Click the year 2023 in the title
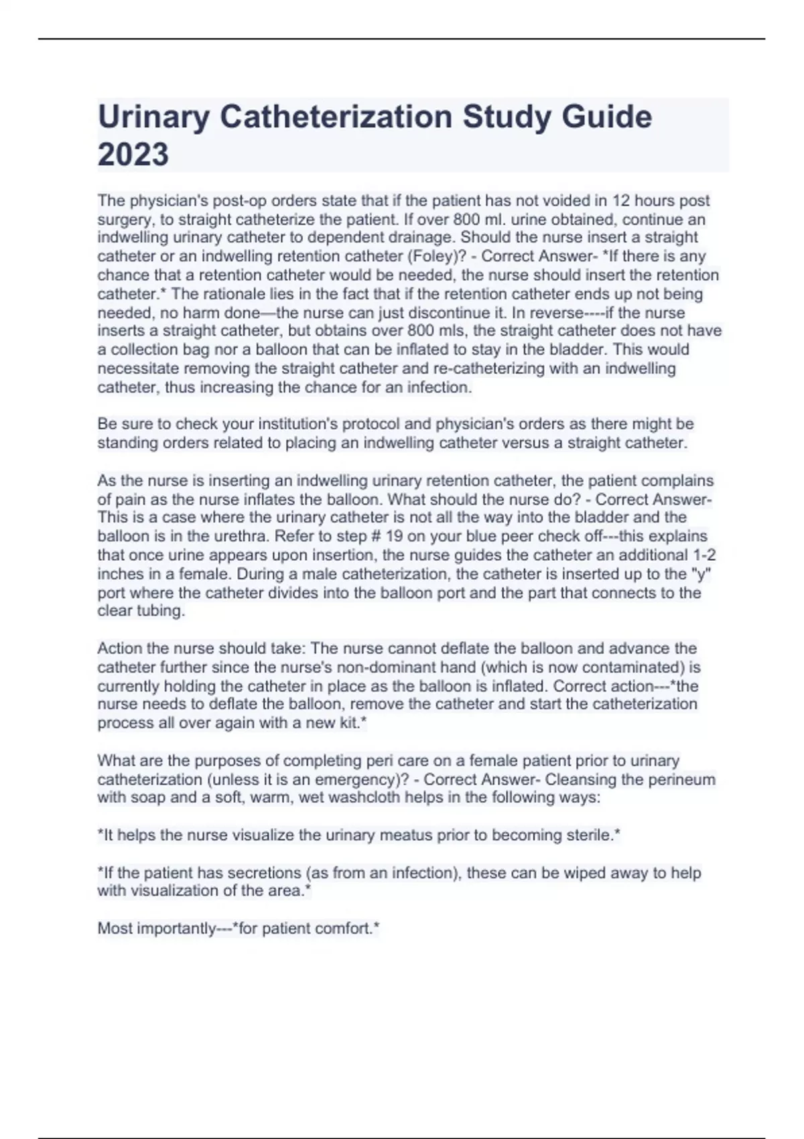133,155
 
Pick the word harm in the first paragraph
182,313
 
